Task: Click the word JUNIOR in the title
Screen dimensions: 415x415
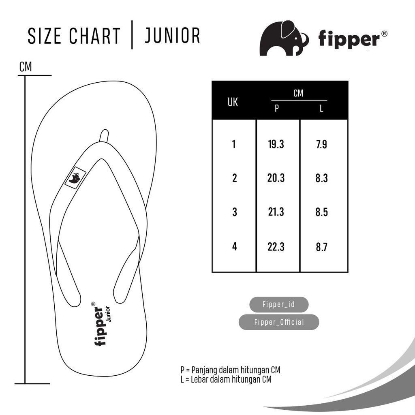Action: tap(172, 36)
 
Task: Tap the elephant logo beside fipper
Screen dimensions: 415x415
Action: tap(284, 38)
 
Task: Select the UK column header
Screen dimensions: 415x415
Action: tap(233, 102)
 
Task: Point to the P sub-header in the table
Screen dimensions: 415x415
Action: tap(276, 108)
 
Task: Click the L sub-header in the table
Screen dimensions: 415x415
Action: tap(321, 108)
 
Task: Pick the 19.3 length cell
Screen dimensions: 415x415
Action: tap(276, 144)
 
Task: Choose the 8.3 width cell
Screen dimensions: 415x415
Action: tap(321, 178)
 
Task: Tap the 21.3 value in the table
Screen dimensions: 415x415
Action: tap(276, 212)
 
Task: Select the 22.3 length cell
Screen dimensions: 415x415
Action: tap(276, 247)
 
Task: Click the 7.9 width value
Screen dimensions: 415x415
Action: tap(321, 145)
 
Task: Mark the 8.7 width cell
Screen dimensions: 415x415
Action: tap(321, 247)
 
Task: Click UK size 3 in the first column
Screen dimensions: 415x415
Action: tap(235, 212)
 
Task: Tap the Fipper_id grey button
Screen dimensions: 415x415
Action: tap(279, 304)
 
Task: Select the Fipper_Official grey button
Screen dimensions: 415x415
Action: tap(279, 322)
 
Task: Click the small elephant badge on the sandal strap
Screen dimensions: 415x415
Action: tap(75, 178)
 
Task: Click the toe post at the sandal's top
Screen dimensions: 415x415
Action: tap(104, 136)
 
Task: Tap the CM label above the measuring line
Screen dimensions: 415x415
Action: tap(26, 67)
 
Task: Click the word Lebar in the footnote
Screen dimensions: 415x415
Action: tap(199, 379)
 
